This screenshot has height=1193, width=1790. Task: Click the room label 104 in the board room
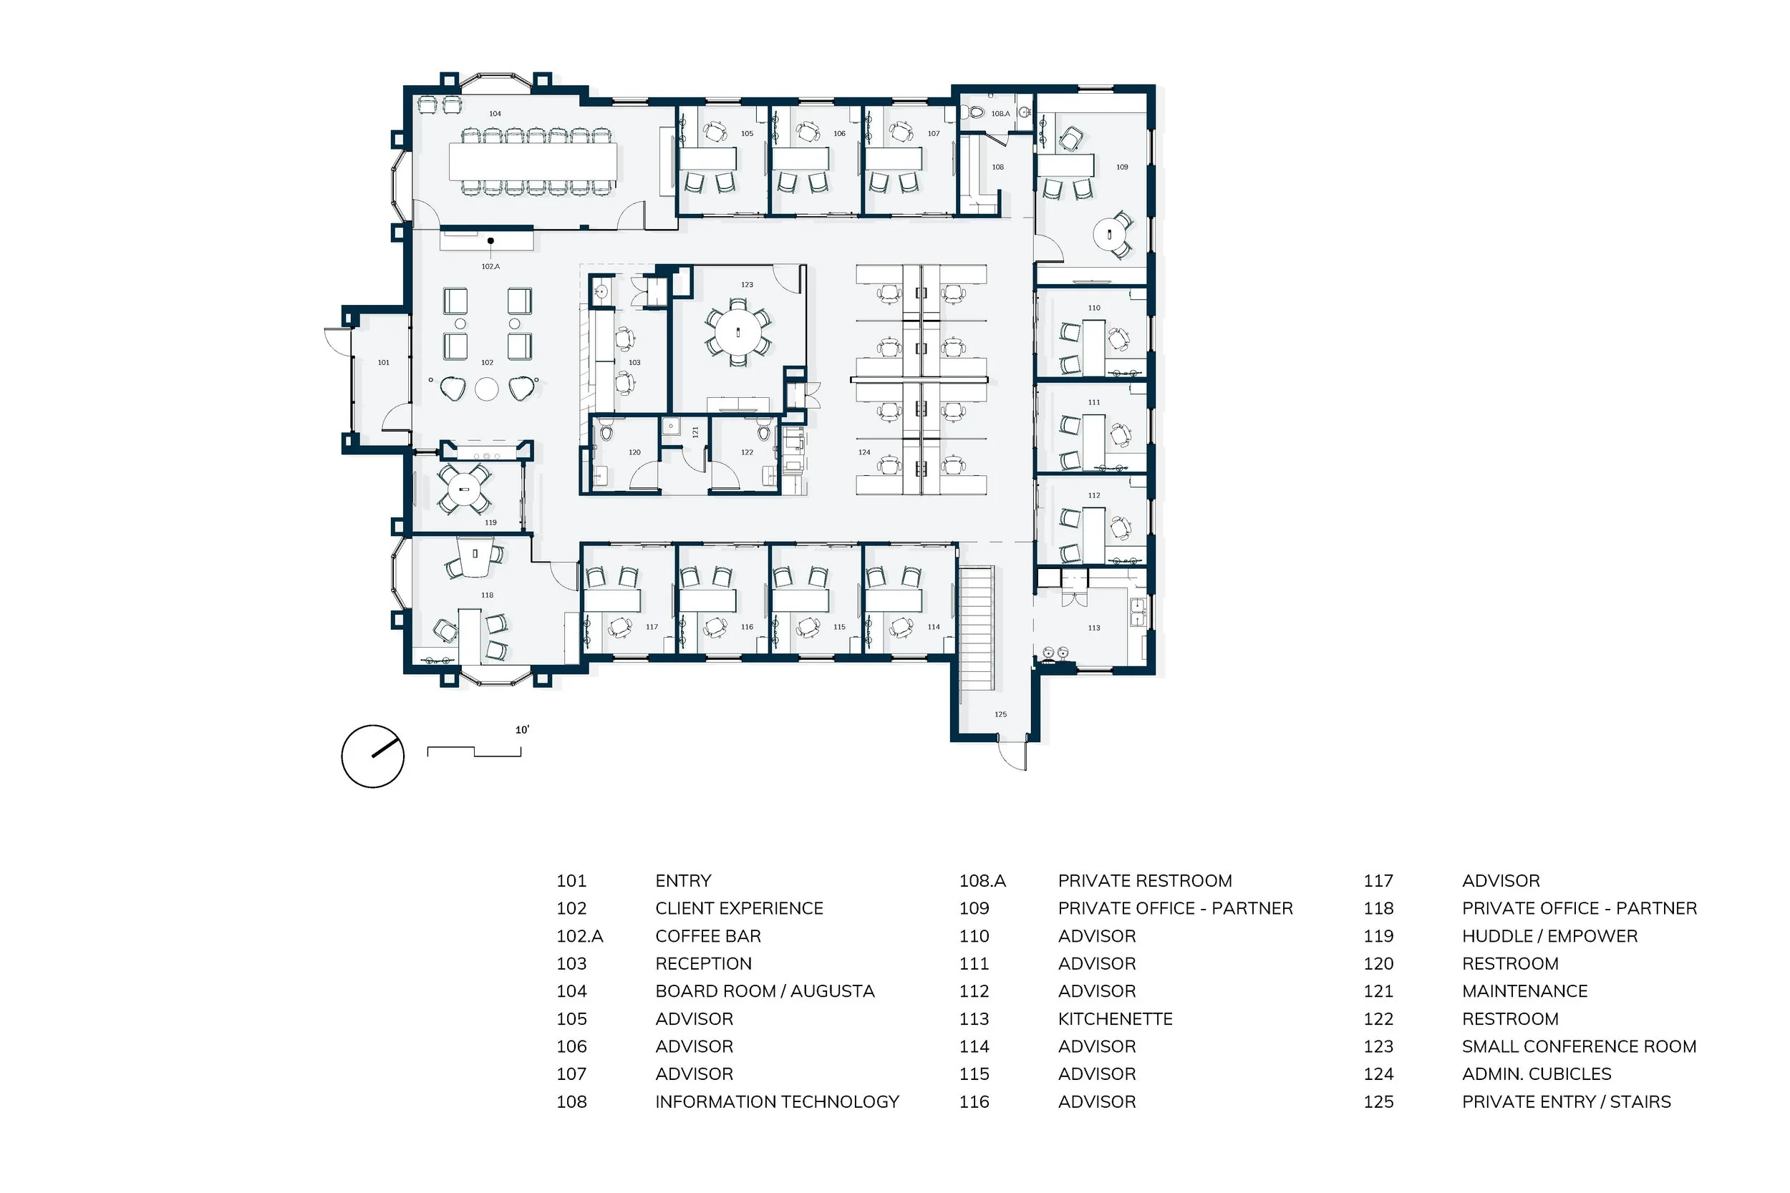495,113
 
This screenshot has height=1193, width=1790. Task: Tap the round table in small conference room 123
737,333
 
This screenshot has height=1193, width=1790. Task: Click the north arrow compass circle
373,756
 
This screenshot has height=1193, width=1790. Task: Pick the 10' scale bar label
522,730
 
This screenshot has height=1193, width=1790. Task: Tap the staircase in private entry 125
976,628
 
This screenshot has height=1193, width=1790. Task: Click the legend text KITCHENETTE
1115,1019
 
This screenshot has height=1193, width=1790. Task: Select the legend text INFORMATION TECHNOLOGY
777,1101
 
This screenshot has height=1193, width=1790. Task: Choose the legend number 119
1378,936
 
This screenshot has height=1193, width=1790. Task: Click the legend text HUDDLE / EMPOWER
1549,936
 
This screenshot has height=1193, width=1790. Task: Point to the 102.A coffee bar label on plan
491,266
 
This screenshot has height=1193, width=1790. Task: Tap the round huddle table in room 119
464,490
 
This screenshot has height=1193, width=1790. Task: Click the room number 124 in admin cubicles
863,452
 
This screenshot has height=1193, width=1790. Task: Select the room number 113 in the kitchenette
1093,628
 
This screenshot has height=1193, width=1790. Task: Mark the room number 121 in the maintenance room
695,432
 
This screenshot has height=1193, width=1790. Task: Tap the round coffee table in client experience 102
487,389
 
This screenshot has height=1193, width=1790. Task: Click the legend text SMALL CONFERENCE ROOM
1579,1046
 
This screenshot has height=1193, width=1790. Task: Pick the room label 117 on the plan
652,627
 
